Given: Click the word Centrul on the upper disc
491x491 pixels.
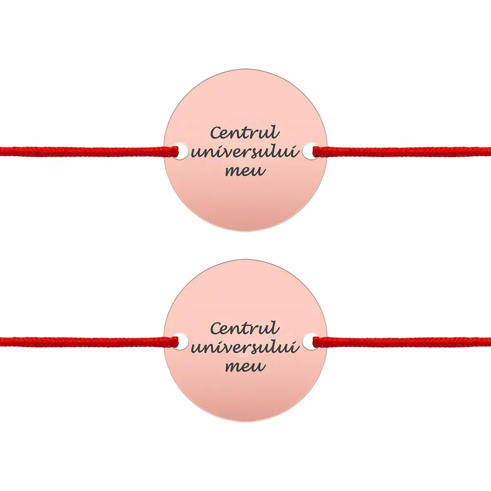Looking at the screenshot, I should tap(245, 133).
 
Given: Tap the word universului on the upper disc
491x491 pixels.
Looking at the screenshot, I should tap(245, 152).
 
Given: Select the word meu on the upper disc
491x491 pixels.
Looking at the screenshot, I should tap(245, 171).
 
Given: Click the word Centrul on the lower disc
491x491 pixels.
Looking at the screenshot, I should tap(245, 328).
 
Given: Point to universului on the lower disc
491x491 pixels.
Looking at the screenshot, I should tap(245, 348).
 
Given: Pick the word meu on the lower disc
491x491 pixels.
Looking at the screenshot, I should tap(245, 366).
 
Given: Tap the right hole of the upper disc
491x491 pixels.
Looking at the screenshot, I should tap(309, 151).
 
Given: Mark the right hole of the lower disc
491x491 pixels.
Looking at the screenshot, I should tap(309, 342).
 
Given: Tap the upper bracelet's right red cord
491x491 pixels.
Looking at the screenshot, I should tap(403, 152).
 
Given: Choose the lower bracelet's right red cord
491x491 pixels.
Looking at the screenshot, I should tap(403, 342).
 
